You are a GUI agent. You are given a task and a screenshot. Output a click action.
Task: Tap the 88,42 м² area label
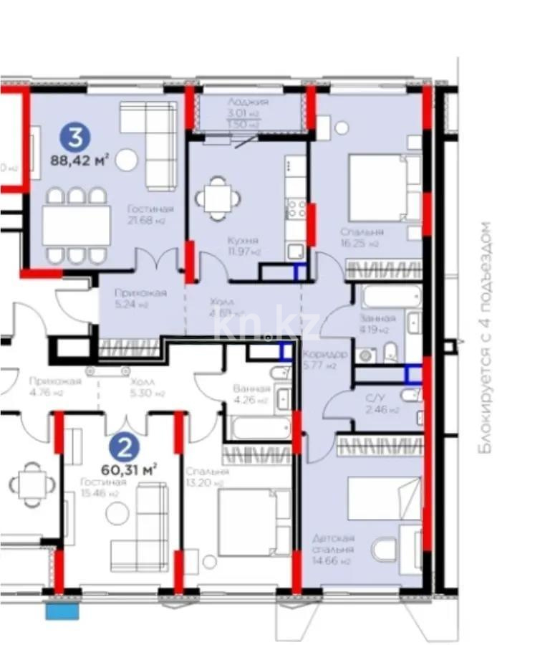pyautogui.click(x=79, y=160)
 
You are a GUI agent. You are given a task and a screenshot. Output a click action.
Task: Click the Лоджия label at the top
pyautogui.click(x=247, y=102)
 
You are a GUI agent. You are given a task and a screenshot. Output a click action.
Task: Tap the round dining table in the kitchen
pyautogui.click(x=216, y=197)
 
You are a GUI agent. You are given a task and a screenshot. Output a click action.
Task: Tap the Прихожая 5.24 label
pyautogui.click(x=140, y=292)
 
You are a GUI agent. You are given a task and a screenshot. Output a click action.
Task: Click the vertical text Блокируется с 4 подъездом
pyautogui.click(x=486, y=337)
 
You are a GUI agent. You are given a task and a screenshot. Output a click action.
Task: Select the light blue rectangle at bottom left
pyautogui.click(x=64, y=611)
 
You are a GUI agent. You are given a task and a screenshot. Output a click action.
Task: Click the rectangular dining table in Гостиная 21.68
pyautogui.click(x=77, y=226)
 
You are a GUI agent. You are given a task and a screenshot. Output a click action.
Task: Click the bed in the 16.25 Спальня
pyautogui.click(x=384, y=189)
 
